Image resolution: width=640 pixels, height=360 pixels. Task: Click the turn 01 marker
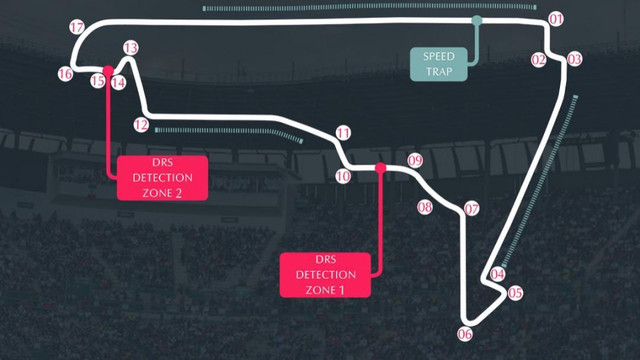[556, 18]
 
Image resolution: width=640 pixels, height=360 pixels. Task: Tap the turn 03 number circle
[575, 59]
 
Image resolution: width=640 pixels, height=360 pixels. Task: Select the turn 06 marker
[465, 334]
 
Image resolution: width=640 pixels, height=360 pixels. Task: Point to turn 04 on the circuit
[498, 273]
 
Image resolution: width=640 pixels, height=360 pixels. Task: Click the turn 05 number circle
[515, 293]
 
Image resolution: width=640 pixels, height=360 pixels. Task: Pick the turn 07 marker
[472, 209]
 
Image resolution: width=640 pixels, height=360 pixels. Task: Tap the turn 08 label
[425, 207]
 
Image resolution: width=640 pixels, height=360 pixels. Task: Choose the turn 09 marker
[415, 160]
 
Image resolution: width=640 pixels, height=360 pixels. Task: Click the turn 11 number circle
[343, 133]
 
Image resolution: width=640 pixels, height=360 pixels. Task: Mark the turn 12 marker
[141, 124]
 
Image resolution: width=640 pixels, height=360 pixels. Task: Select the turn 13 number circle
[131, 48]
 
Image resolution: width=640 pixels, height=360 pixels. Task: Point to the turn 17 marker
[77, 28]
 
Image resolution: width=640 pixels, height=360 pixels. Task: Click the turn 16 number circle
[65, 74]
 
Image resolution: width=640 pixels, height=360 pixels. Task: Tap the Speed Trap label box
[439, 64]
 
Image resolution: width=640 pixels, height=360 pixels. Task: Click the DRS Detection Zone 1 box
[325, 275]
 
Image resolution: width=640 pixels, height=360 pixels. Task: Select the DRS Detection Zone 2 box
[163, 178]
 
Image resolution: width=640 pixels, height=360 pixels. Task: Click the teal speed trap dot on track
[477, 21]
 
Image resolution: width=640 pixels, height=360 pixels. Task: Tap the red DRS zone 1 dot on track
[381, 168]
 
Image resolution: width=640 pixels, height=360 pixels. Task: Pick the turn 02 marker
[539, 59]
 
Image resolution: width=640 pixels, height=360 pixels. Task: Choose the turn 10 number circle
[343, 176]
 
